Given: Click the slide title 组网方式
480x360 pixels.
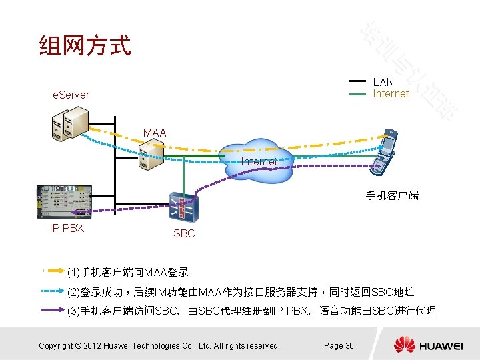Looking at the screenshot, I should click(85, 46).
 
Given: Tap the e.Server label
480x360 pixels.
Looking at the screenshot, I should click(71, 95).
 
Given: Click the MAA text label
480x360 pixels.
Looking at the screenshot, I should click(155, 133).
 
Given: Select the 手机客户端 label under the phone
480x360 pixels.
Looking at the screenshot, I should click(392, 195).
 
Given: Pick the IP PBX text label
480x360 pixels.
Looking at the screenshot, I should click(67, 228).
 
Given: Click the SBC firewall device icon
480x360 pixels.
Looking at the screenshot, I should click(183, 207).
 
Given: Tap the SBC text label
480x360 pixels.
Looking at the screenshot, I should click(184, 233).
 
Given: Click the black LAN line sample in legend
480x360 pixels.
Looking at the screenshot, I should click(358, 82).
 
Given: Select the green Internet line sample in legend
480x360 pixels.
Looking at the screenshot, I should click(358, 94).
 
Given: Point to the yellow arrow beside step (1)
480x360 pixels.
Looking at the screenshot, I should click(53, 272).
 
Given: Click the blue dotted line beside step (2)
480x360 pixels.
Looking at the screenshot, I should click(53, 291).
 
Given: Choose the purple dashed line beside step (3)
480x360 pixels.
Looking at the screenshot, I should click(53, 310).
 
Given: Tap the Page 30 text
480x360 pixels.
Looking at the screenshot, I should click(339, 345).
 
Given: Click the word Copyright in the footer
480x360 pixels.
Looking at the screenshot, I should click(55, 345).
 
